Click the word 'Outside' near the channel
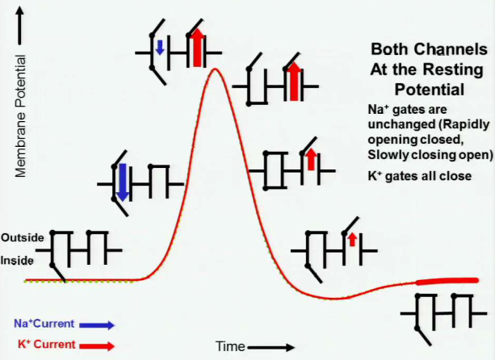(x=22, y=238)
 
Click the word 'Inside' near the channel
(x=18, y=261)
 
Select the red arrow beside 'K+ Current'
(x=96, y=345)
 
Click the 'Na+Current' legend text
(x=44, y=324)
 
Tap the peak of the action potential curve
(x=214, y=69)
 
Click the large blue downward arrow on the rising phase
(x=121, y=182)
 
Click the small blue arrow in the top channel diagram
(x=160, y=48)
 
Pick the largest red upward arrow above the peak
(x=196, y=47)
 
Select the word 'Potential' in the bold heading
(x=429, y=88)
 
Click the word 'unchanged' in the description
(x=395, y=126)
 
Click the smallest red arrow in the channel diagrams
(x=352, y=239)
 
